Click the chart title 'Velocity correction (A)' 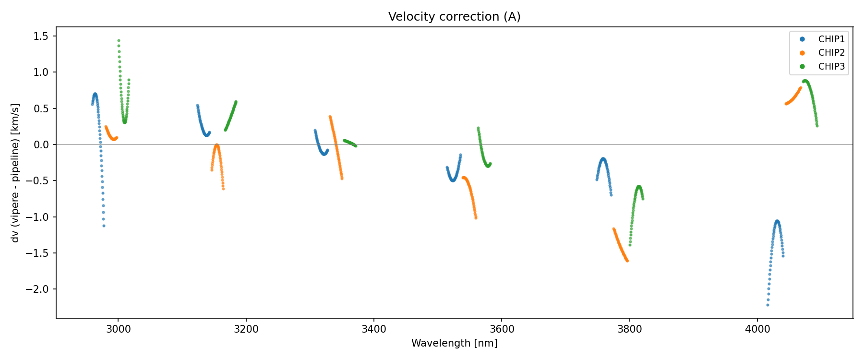[x=454, y=17]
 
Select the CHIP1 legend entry [x=831, y=39]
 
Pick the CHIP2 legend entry [x=831, y=53]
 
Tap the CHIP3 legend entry [x=831, y=67]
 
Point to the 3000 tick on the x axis [x=118, y=329]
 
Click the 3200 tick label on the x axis [x=246, y=329]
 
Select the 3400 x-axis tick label [x=373, y=329]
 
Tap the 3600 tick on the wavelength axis [x=501, y=329]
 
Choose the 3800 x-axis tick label [x=629, y=329]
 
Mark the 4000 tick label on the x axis [x=757, y=329]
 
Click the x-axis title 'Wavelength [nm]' [x=454, y=343]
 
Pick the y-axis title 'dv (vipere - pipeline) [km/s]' [x=15, y=173]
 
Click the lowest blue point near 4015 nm [x=768, y=305]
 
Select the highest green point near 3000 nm [x=119, y=41]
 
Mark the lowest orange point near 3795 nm [x=627, y=261]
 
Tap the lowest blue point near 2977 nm [x=104, y=226]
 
